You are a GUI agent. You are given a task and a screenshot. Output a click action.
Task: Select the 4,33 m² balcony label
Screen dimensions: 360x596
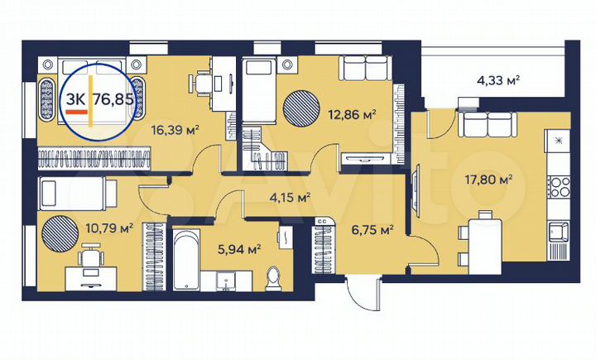click(x=497, y=80)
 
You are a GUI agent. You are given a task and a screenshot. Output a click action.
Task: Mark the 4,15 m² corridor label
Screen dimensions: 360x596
click(x=290, y=198)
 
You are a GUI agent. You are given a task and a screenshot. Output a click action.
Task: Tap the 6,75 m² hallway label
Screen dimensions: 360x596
click(x=372, y=231)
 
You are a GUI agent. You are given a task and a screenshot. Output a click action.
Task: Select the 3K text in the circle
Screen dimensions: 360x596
click(x=75, y=99)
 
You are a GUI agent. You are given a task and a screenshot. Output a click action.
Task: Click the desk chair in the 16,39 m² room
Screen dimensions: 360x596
click(x=201, y=81)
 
